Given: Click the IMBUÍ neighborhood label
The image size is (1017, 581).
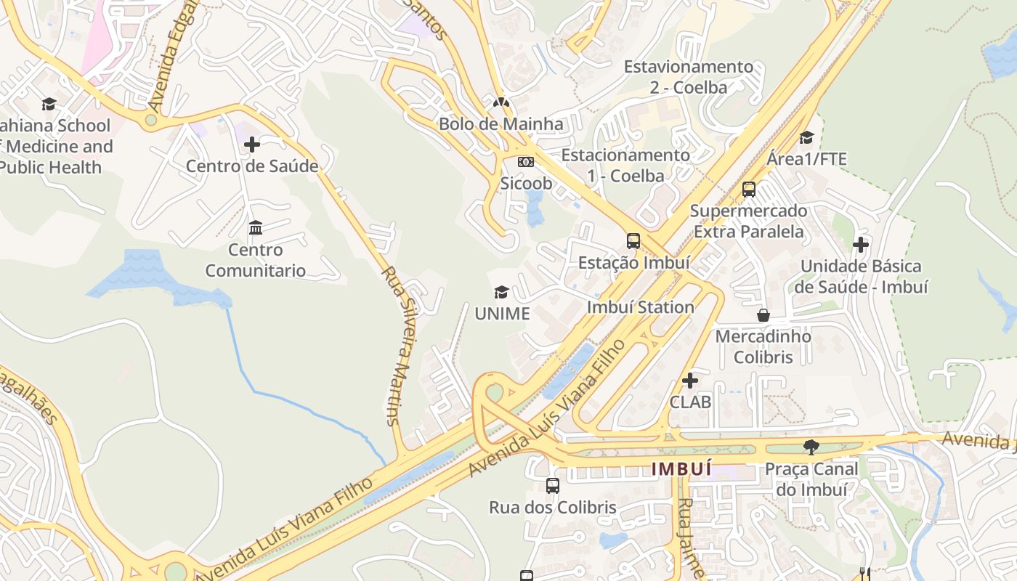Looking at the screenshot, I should click(x=681, y=468).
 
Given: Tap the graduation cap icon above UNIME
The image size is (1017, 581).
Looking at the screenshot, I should click(x=501, y=292).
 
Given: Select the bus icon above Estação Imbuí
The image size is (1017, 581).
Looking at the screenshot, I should click(x=633, y=240).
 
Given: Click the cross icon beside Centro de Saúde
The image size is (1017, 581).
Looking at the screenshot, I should click(x=252, y=145).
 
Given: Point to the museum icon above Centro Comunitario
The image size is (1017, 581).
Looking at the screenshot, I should click(x=255, y=228).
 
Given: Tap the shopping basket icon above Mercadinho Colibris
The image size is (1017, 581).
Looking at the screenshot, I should click(x=763, y=315).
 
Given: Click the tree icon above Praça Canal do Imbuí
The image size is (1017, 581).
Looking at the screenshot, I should click(x=811, y=447).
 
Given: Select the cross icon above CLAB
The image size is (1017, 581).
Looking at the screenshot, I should click(x=690, y=380).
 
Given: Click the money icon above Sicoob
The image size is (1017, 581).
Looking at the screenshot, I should click(x=526, y=162).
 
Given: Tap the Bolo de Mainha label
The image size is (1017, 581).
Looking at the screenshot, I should click(x=501, y=123).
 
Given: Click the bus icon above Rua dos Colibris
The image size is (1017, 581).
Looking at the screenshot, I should click(x=553, y=485).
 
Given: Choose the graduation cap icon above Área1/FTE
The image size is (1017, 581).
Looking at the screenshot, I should click(x=806, y=137).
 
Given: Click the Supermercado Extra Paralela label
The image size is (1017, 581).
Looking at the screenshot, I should click(x=748, y=221).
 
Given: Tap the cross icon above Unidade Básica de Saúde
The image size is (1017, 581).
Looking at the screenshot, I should click(x=861, y=245).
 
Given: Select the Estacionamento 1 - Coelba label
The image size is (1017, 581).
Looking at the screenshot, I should click(x=625, y=165).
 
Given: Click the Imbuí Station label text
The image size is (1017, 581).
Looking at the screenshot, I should click(x=640, y=306).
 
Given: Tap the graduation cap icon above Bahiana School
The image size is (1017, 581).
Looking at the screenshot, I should click(x=49, y=104).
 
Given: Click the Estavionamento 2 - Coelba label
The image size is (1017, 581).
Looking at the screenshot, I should click(x=689, y=76).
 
